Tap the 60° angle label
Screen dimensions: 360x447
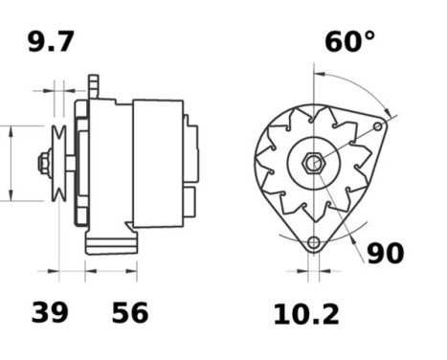click(x=348, y=41)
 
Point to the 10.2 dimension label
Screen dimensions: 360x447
click(x=305, y=313)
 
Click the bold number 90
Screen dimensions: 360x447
click(x=385, y=253)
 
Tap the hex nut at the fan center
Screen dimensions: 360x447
click(x=313, y=164)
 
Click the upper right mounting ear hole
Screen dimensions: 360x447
click(x=379, y=125)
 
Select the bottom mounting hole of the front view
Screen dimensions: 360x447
click(x=313, y=242)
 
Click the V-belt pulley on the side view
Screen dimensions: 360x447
click(x=59, y=164)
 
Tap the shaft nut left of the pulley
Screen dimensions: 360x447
click(x=44, y=164)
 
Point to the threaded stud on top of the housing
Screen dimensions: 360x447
click(x=93, y=85)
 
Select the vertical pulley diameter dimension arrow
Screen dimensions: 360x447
click(x=11, y=164)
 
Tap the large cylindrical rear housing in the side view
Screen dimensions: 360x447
click(x=157, y=163)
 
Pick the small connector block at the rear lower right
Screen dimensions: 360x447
click(x=190, y=202)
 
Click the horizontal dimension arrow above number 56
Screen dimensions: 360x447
click(x=111, y=271)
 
